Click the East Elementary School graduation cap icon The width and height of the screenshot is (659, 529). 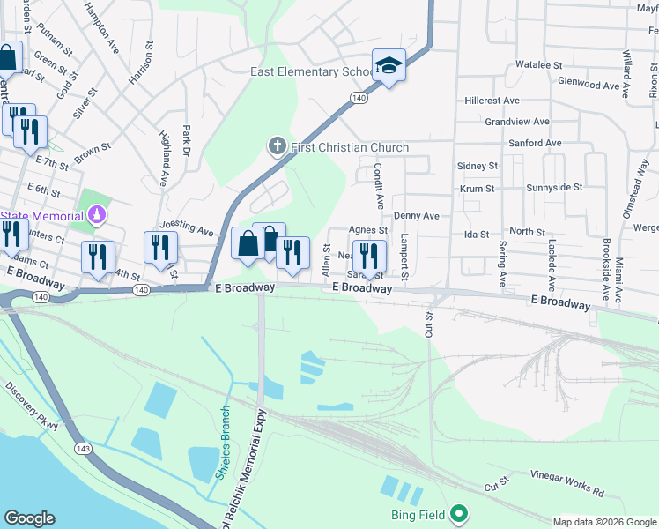[x=388, y=65]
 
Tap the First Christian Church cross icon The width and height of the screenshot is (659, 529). [x=277, y=146]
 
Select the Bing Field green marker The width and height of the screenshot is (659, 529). [x=458, y=513]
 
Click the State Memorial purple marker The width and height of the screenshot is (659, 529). [x=97, y=215]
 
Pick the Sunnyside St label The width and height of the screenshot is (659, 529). [x=553, y=188]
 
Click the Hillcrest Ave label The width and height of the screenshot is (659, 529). [x=492, y=101]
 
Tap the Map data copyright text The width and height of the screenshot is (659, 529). [x=604, y=522]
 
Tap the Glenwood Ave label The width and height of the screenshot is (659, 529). [x=589, y=85]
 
